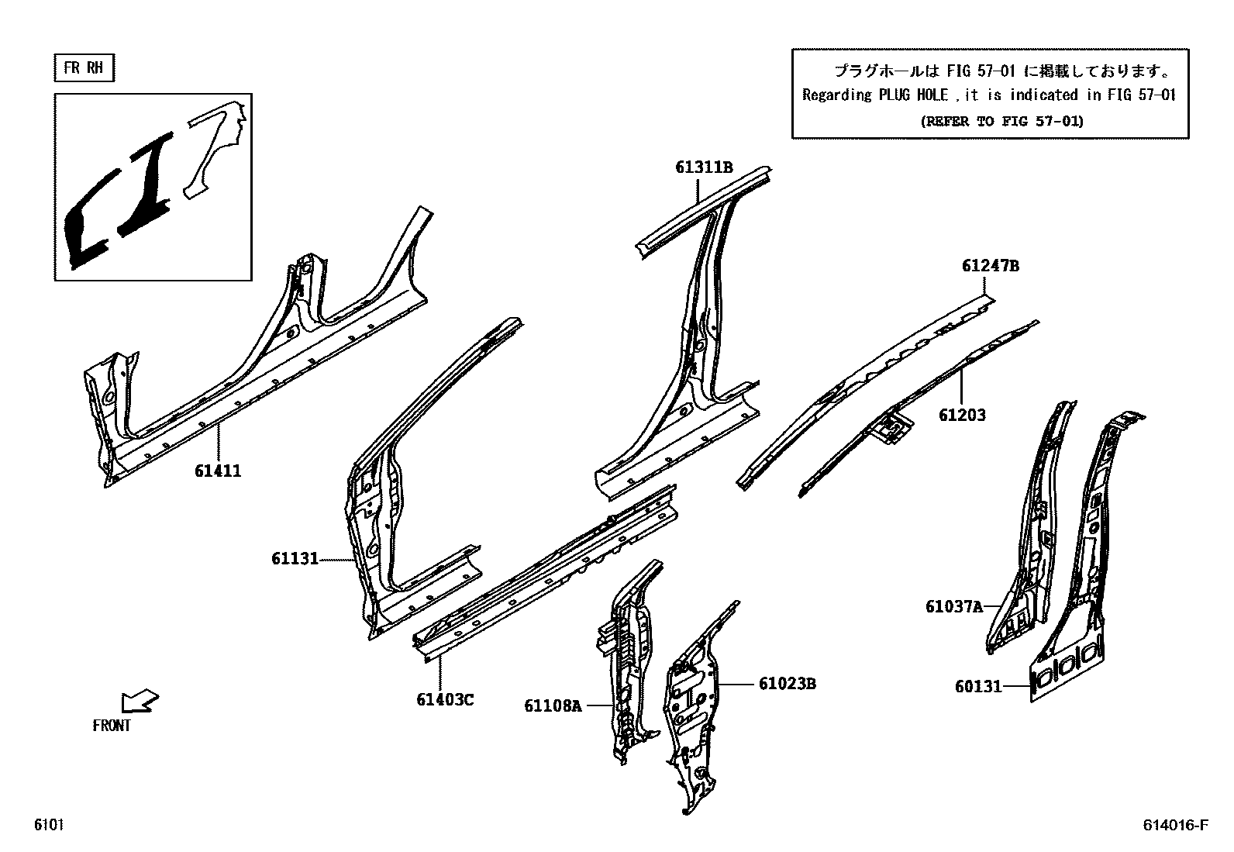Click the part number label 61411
(x=218, y=471)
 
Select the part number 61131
(x=295, y=558)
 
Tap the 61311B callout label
(x=704, y=167)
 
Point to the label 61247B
(x=991, y=266)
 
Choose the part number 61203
(x=962, y=416)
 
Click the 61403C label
(x=445, y=699)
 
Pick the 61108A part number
(x=553, y=705)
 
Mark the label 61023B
(x=787, y=684)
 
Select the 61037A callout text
(x=953, y=606)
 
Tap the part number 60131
(x=978, y=686)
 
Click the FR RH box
(x=84, y=68)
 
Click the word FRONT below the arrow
(x=112, y=726)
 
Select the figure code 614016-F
(x=1175, y=825)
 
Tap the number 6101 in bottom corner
(x=48, y=825)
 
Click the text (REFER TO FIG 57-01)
(x=1001, y=121)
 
